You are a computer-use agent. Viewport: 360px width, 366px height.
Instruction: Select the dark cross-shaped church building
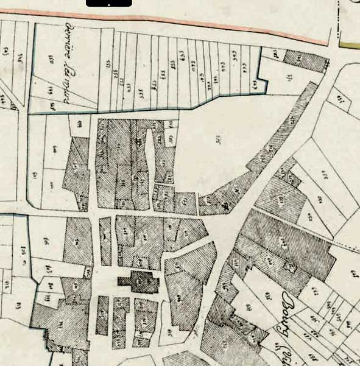[140, 281]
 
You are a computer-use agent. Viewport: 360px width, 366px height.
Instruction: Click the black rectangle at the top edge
[108, 3]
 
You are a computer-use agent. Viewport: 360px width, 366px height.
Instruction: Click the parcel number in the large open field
[217, 139]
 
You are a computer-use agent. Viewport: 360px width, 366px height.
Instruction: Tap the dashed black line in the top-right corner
[339, 18]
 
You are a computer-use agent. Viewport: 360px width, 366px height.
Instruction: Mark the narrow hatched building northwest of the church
[105, 241]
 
